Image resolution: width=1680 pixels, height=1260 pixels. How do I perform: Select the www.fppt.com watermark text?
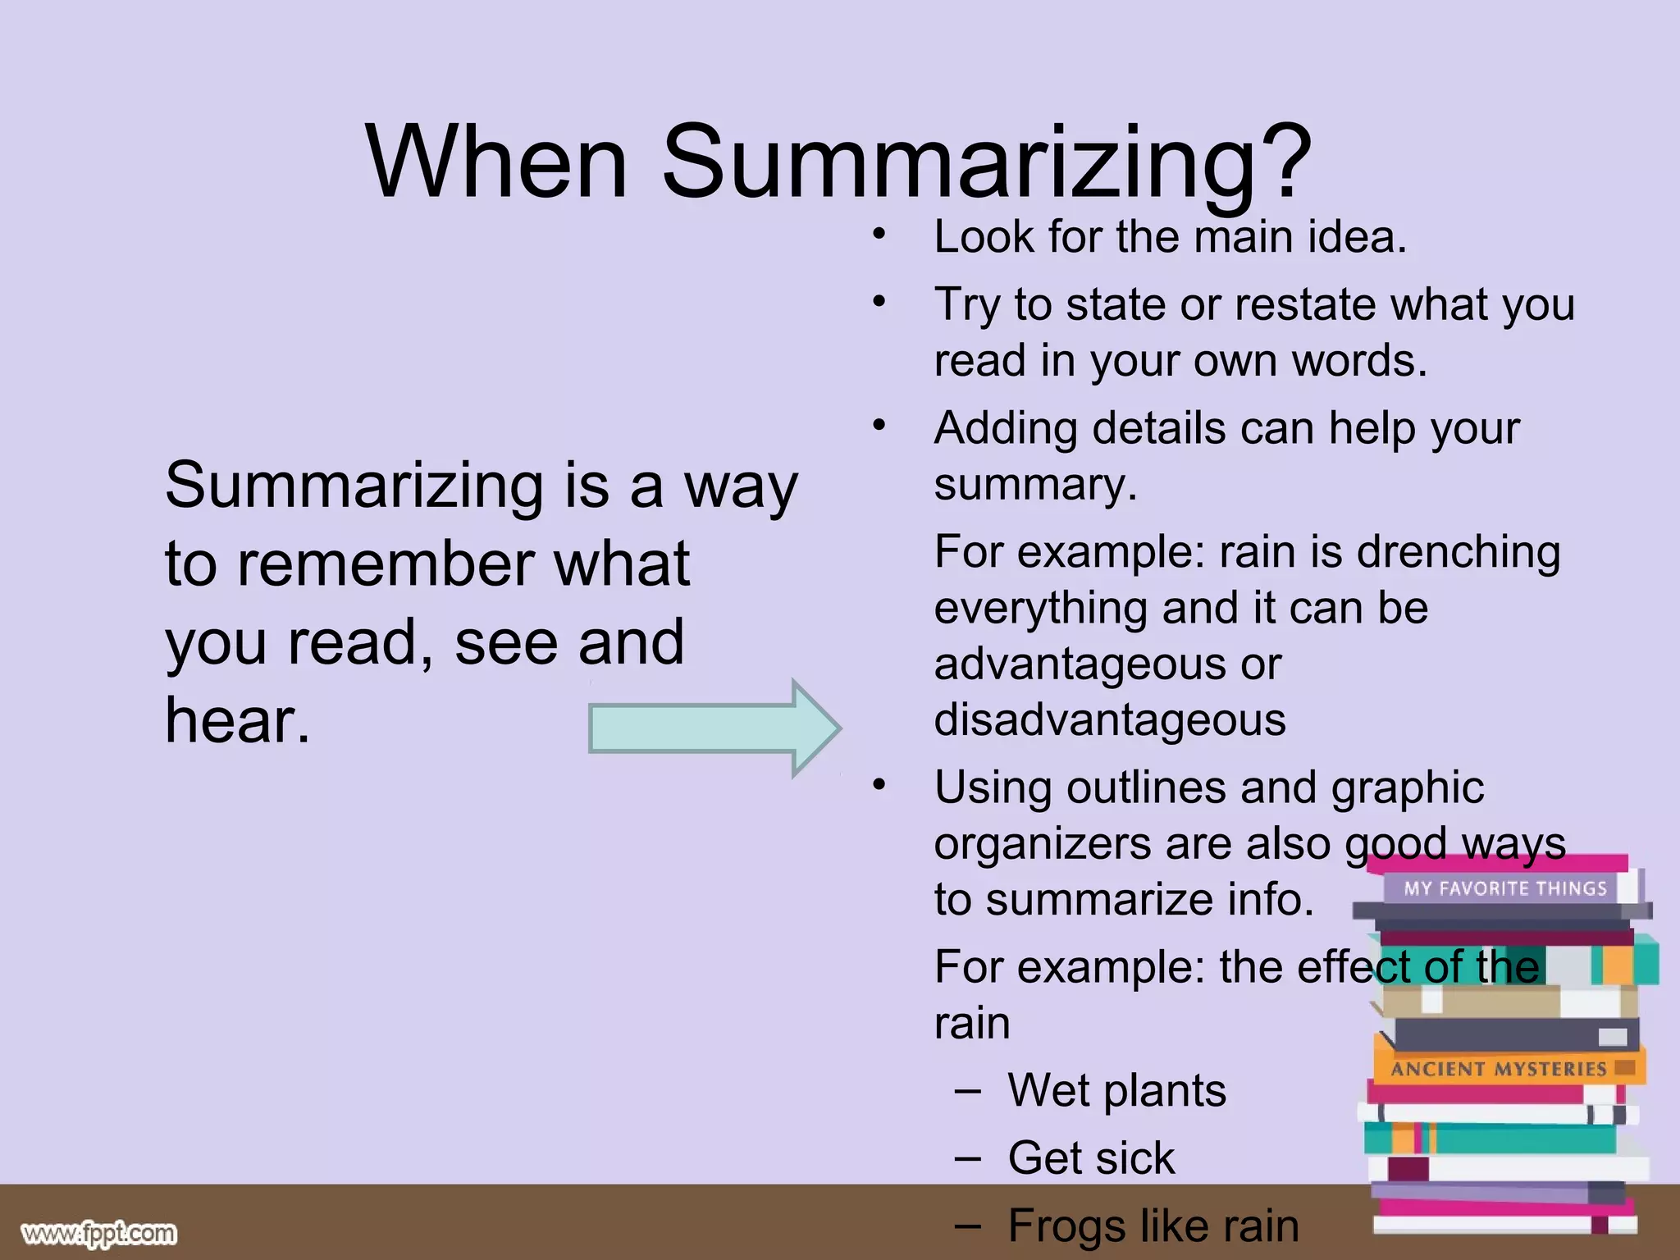[98, 1233]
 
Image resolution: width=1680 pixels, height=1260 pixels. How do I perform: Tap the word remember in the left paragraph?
[386, 564]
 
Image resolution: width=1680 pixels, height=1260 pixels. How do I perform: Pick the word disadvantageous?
[1109, 720]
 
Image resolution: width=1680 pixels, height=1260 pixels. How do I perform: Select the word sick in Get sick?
[1136, 1158]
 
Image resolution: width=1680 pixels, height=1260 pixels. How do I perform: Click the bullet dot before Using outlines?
[879, 785]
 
